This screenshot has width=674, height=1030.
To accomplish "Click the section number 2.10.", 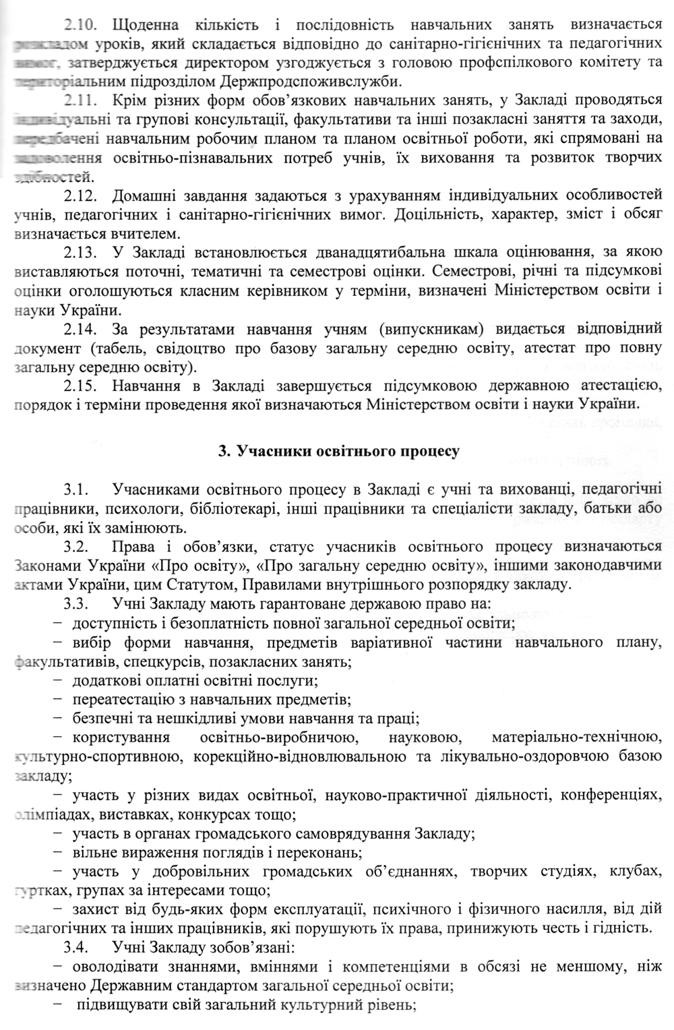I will coord(80,26).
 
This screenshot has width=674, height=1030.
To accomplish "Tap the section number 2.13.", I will coord(80,253).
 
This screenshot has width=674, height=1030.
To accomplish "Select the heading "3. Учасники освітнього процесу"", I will coord(339,451).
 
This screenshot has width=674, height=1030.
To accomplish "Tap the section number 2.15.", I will coord(80,386).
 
